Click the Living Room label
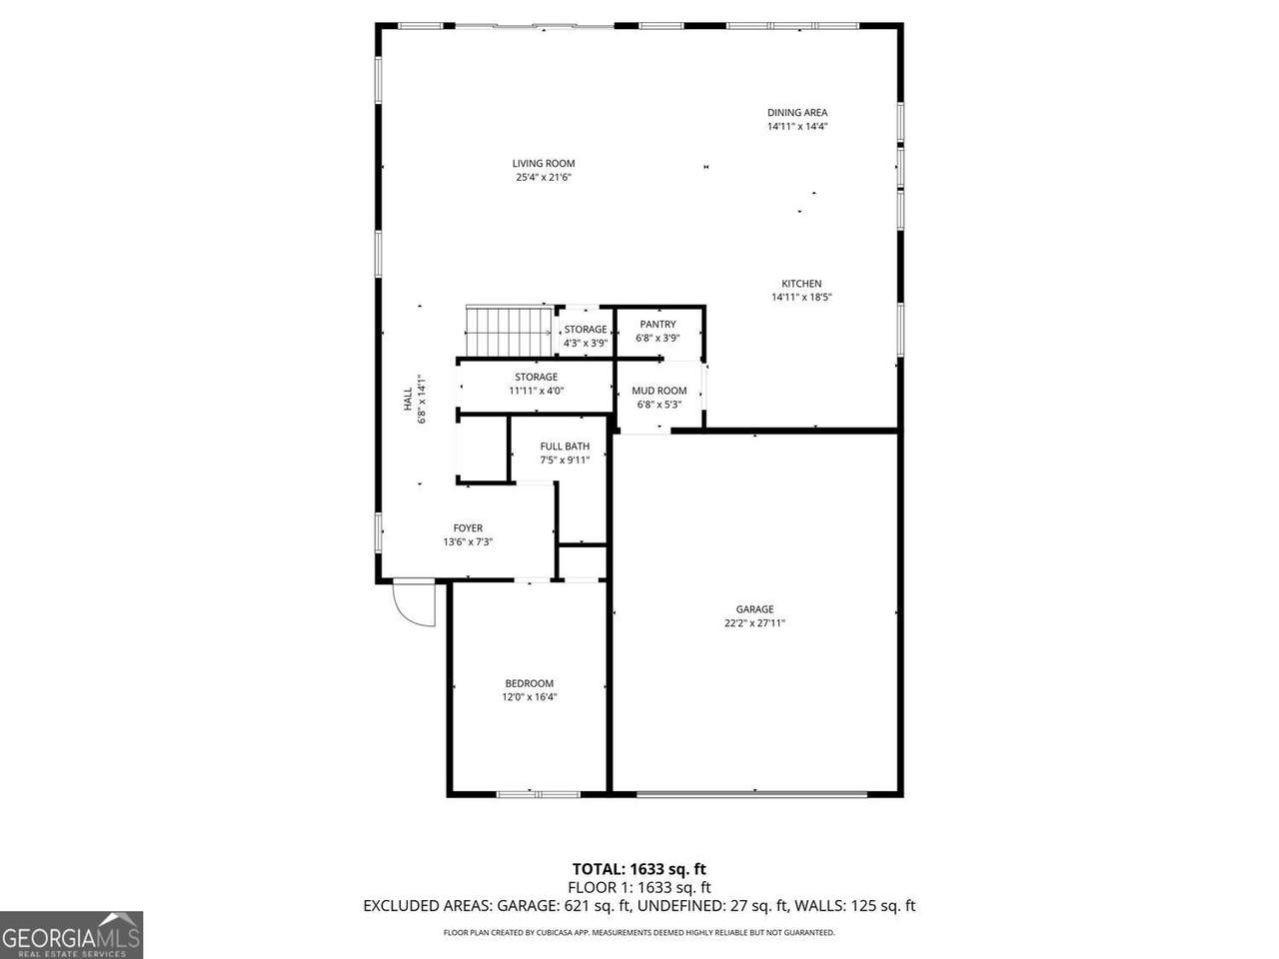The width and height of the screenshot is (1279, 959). (x=543, y=164)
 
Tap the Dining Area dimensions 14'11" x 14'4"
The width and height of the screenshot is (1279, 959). (x=797, y=126)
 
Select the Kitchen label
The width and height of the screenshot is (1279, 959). (x=801, y=284)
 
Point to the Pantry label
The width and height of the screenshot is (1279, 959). (x=657, y=325)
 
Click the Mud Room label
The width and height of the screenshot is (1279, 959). (x=659, y=391)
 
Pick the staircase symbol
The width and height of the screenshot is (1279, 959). (x=509, y=332)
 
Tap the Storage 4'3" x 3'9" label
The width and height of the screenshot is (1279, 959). (x=586, y=337)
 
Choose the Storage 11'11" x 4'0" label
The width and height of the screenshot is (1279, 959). (x=536, y=384)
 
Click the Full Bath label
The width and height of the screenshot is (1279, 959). (x=565, y=447)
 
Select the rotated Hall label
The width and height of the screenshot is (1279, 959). (x=408, y=399)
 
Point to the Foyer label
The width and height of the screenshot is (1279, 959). (x=468, y=528)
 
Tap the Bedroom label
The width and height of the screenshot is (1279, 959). (x=529, y=683)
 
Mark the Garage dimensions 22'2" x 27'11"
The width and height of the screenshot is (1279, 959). (x=754, y=623)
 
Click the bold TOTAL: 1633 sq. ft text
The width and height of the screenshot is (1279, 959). (x=639, y=869)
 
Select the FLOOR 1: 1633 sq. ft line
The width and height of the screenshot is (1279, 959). (x=639, y=888)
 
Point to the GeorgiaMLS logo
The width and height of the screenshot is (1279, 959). (x=71, y=935)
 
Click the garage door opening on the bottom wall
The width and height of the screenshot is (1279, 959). (x=751, y=793)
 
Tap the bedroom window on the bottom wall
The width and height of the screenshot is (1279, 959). (x=539, y=794)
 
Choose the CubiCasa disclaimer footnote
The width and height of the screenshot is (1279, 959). (x=639, y=932)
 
